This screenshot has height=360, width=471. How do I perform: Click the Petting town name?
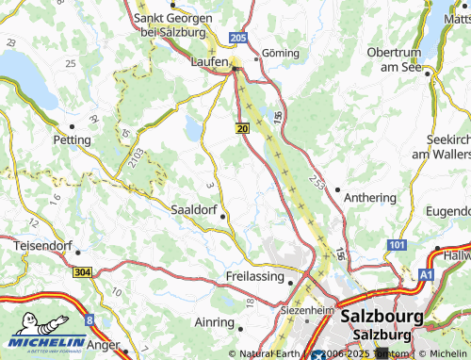(x=73, y=139)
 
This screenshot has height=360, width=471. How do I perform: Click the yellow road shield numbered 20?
(x=242, y=127)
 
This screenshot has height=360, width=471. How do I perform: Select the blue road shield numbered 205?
(x=238, y=37)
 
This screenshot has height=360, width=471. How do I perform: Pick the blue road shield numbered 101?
(x=396, y=245)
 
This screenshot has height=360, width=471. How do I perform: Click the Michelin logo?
(x=44, y=333)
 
